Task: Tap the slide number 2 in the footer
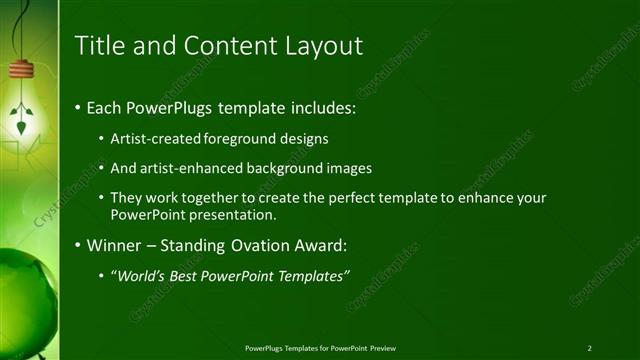(590, 348)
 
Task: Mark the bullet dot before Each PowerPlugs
(79, 107)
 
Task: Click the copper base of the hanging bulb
(20, 70)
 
